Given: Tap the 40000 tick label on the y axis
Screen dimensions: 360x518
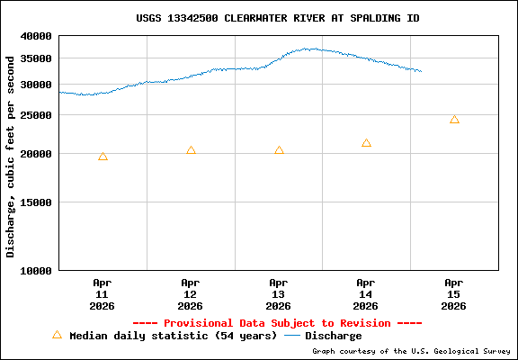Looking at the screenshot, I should click(x=37, y=36).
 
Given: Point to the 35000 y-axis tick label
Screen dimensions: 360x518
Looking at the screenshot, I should click(x=37, y=58).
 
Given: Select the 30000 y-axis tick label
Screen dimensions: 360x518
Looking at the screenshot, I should click(x=37, y=85).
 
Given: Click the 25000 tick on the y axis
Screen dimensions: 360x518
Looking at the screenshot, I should click(x=37, y=115).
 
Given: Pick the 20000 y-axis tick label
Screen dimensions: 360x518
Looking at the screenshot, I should click(x=37, y=154).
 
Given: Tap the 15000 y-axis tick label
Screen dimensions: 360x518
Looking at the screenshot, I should click(x=37, y=202).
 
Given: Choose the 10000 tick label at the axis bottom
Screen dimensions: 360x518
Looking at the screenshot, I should click(x=37, y=270).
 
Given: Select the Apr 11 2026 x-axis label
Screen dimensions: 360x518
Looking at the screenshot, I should click(x=102, y=293).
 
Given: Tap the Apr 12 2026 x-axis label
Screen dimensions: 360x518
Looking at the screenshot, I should click(x=190, y=293).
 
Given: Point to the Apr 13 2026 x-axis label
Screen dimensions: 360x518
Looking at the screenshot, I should click(x=278, y=293).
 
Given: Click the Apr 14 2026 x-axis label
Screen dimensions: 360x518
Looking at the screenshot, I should click(x=366, y=293).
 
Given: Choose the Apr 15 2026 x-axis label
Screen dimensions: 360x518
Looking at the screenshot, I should click(x=454, y=293).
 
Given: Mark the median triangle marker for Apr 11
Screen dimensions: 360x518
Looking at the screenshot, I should click(x=103, y=157).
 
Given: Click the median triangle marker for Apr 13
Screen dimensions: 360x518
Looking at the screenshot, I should click(x=279, y=150).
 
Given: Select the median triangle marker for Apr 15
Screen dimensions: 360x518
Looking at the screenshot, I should click(x=454, y=120).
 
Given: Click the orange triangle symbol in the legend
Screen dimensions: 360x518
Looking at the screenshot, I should click(x=57, y=335).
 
